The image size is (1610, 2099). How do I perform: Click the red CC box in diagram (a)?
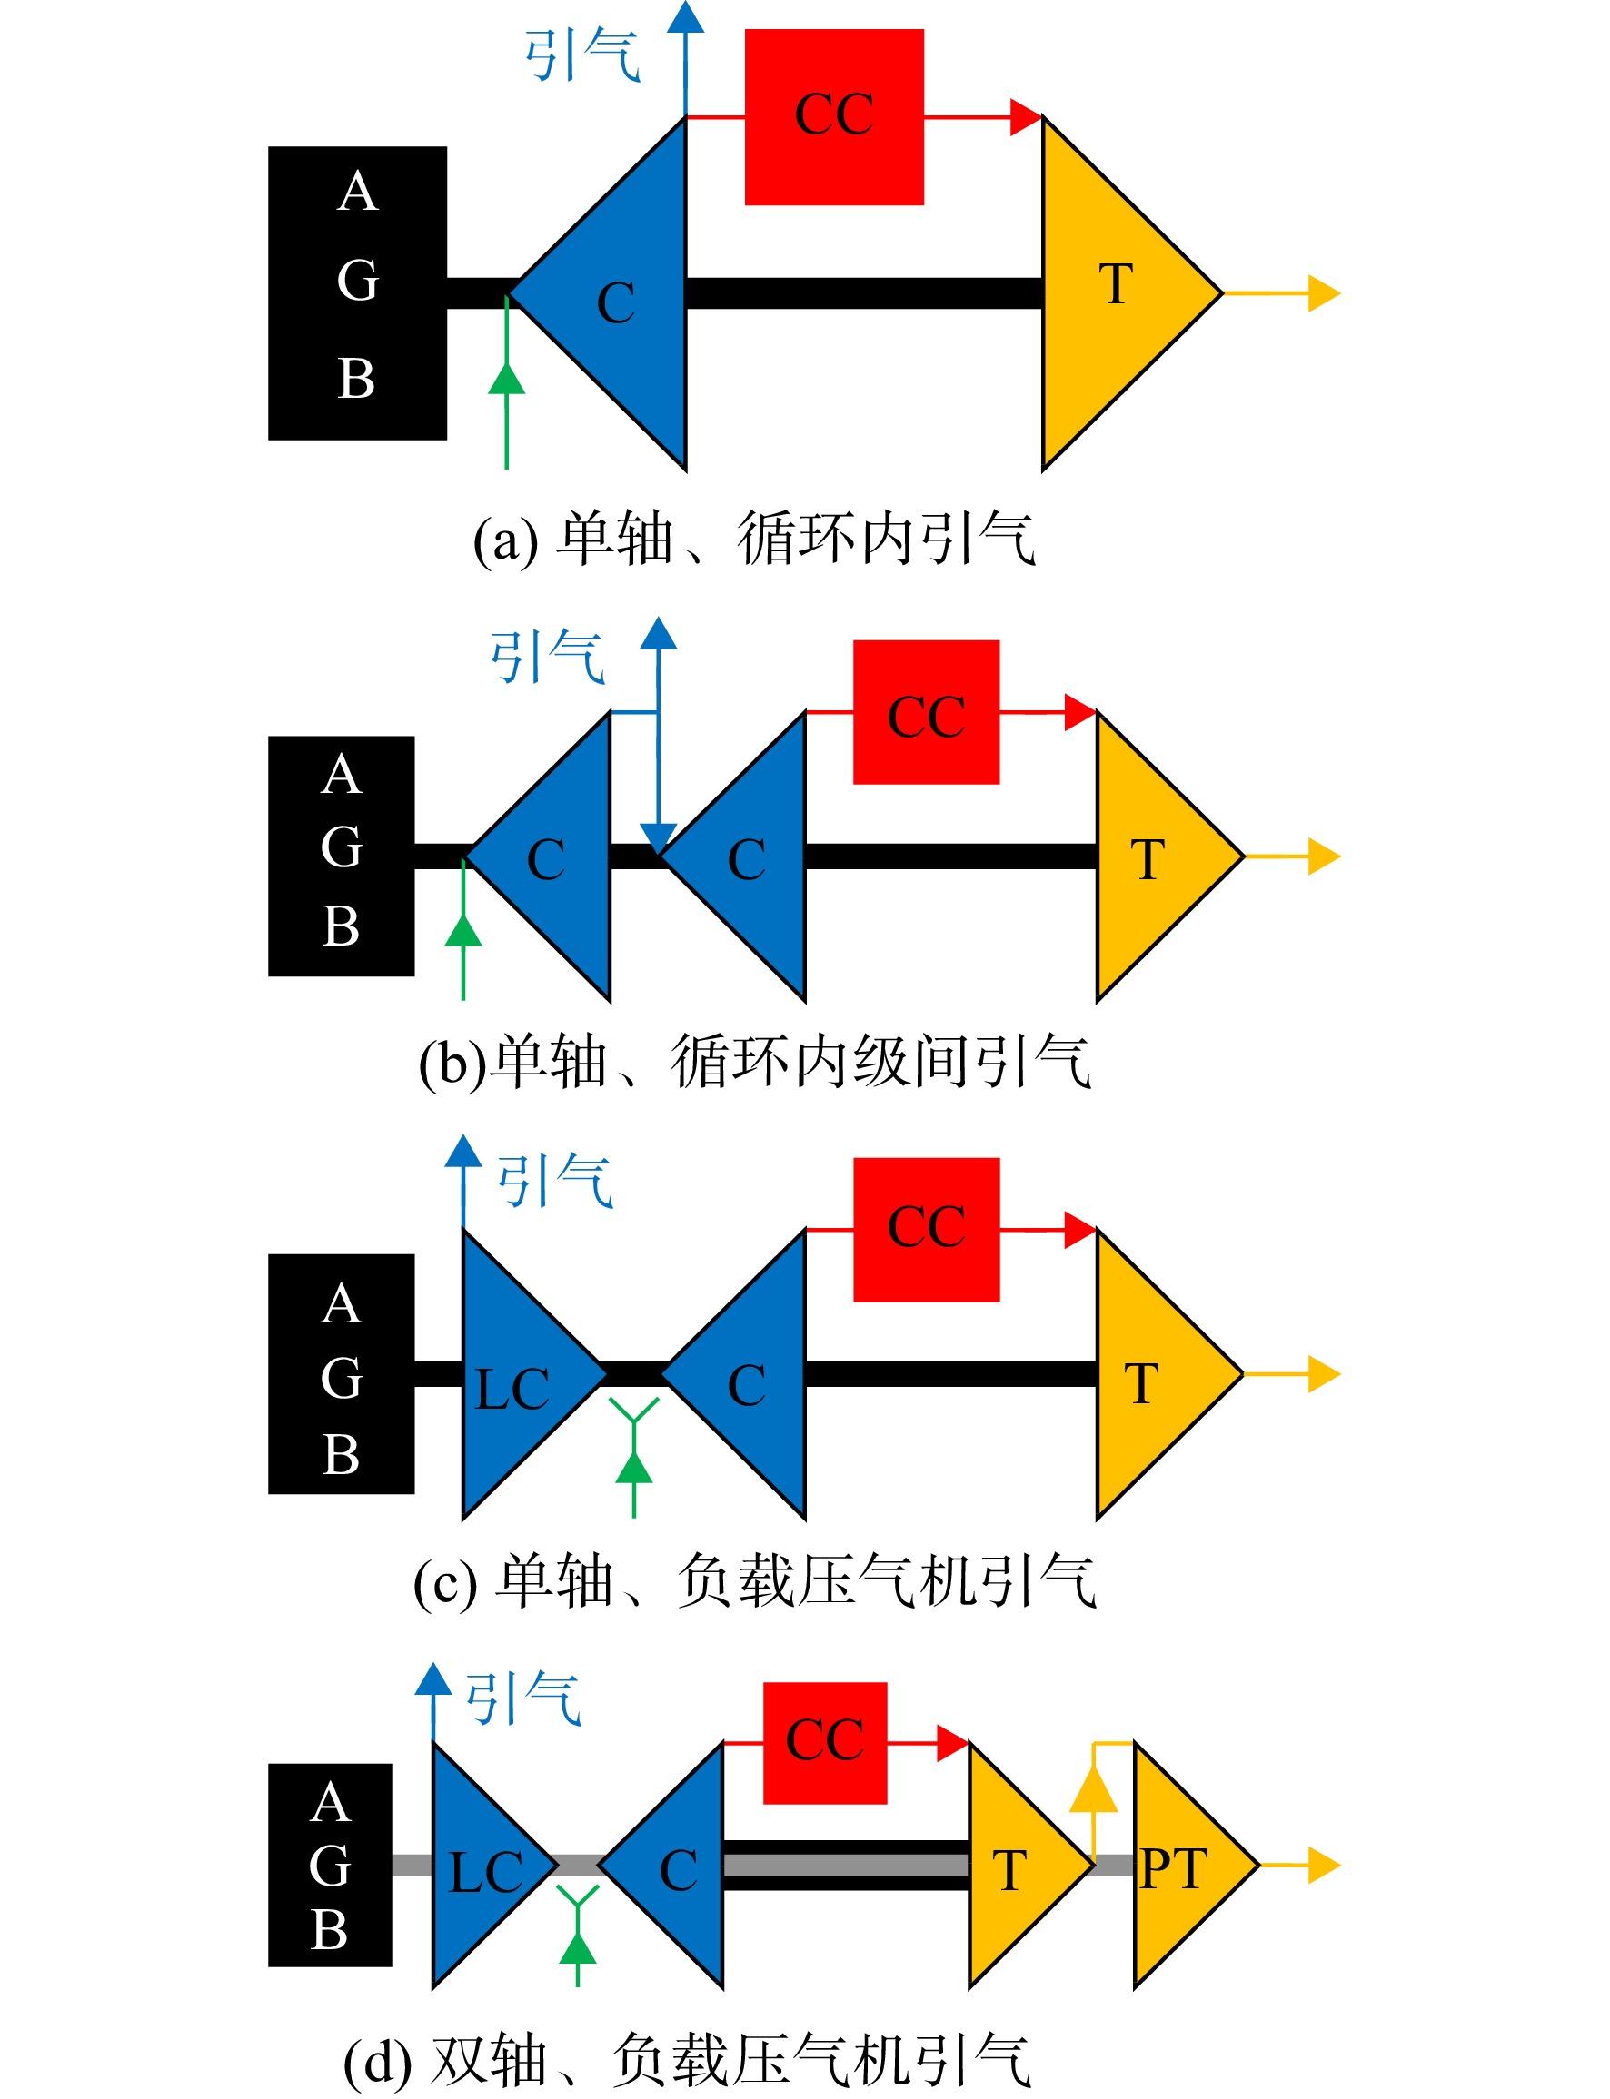(x=834, y=117)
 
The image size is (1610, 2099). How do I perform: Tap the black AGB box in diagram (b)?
(x=341, y=856)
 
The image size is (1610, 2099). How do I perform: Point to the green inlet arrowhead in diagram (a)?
(x=506, y=379)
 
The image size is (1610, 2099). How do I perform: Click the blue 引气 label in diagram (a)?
(x=581, y=55)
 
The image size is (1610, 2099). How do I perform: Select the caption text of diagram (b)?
(x=754, y=1062)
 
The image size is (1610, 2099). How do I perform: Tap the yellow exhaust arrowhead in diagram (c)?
(x=1324, y=1374)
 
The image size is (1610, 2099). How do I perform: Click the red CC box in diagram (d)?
(x=824, y=1743)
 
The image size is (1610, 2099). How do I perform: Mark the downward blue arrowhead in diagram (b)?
(x=659, y=838)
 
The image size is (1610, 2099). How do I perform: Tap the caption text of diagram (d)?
(x=687, y=2061)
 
